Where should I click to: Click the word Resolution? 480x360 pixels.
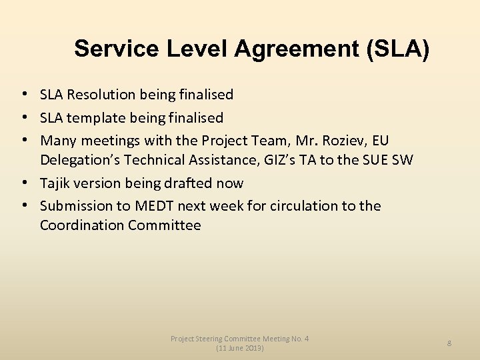point(103,95)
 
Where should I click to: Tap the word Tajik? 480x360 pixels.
point(55,183)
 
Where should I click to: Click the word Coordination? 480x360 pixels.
point(82,225)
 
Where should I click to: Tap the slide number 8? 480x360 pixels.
point(449,343)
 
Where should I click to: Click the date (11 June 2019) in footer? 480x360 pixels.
point(240,348)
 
